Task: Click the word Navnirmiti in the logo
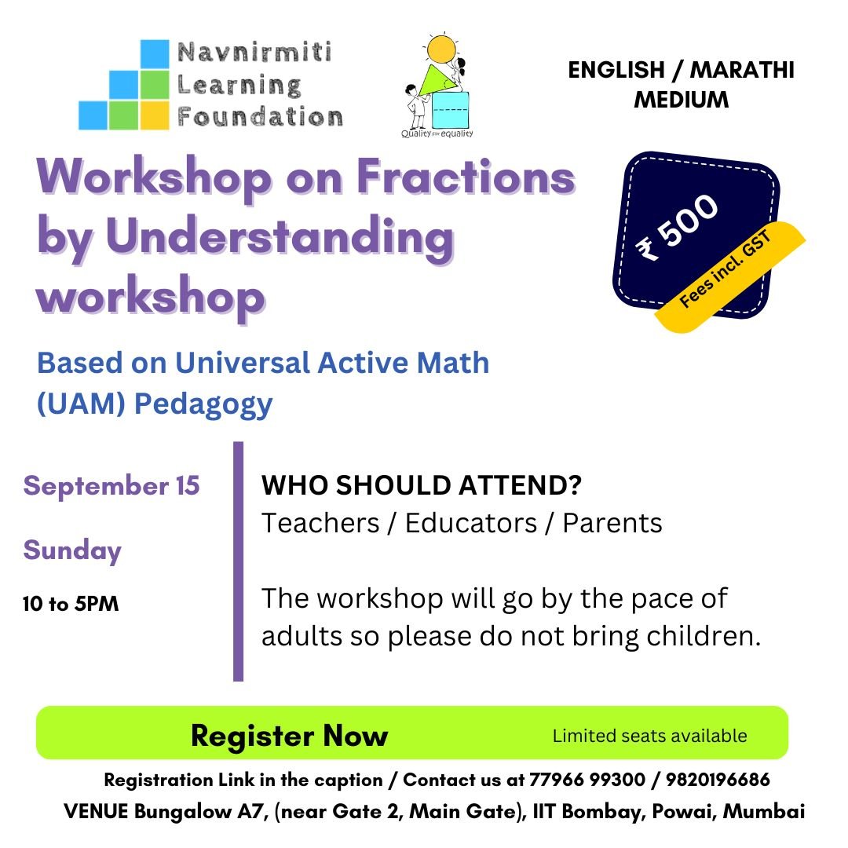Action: (254, 53)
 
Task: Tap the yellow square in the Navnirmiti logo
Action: (155, 115)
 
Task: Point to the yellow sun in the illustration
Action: (440, 49)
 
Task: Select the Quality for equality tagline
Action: (437, 133)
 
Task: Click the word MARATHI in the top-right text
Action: (742, 70)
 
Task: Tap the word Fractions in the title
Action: (466, 177)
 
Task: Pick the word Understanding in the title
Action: (280, 238)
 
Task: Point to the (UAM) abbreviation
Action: (81, 404)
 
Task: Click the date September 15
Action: (111, 485)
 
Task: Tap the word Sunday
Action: (72, 550)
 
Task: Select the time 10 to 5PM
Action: (71, 604)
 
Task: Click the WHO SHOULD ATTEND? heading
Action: (422, 485)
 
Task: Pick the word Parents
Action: (612, 523)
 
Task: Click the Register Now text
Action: (289, 736)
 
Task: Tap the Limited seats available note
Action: (649, 736)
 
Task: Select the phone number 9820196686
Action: (718, 780)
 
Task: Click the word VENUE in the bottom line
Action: (96, 811)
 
